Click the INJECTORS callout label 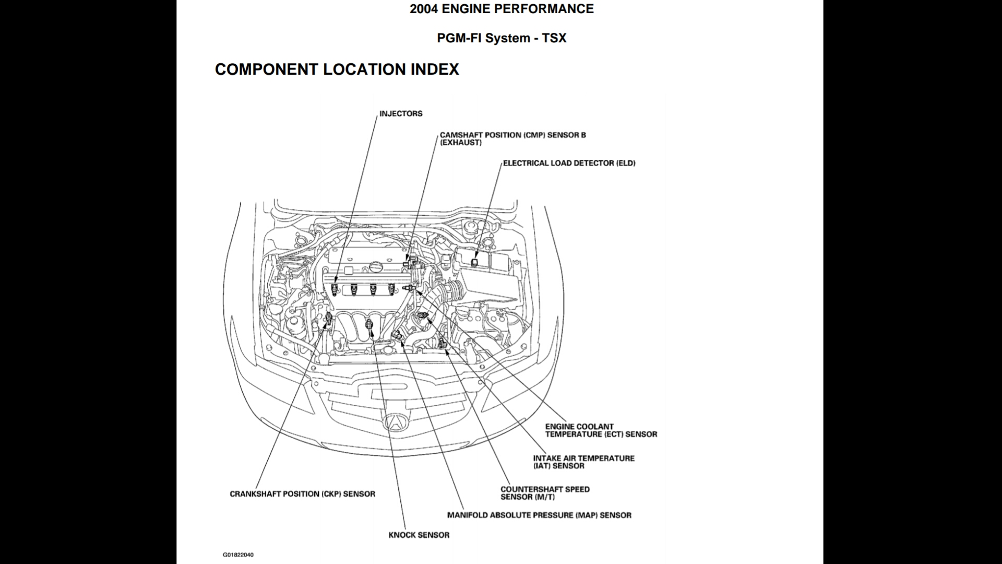[401, 114]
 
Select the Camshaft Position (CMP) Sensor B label [512, 138]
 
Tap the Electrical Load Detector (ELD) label [569, 163]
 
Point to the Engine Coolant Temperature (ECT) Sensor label [601, 430]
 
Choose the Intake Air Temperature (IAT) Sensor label [583, 462]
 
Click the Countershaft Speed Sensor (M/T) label [545, 493]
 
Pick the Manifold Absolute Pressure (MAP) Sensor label [539, 515]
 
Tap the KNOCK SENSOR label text [419, 535]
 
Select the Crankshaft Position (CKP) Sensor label [302, 494]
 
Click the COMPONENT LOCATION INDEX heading [337, 69]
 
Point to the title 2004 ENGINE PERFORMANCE [502, 9]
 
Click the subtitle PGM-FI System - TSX [502, 38]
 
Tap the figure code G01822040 [238, 555]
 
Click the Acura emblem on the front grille [396, 421]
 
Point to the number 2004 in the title [423, 9]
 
